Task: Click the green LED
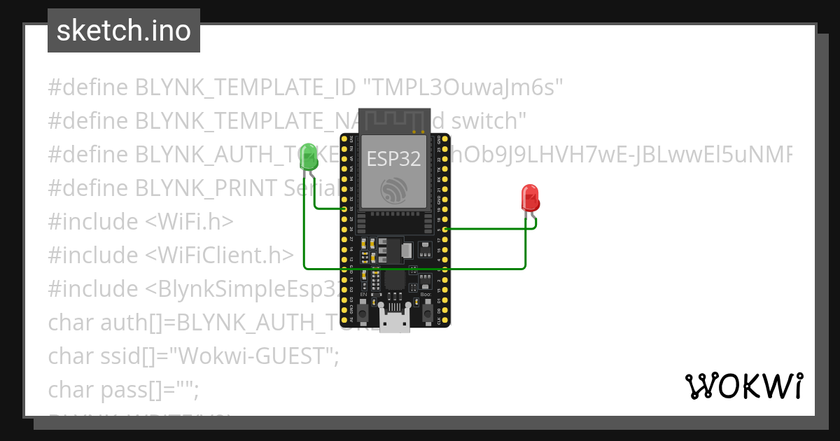click(309, 157)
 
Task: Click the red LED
click(531, 198)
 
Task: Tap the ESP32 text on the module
click(394, 159)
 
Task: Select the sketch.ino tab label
click(124, 31)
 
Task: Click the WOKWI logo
click(743, 386)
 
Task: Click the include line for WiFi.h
click(141, 222)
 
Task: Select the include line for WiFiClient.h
click(171, 255)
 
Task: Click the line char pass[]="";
click(124, 390)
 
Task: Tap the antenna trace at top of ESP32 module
click(394, 119)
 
